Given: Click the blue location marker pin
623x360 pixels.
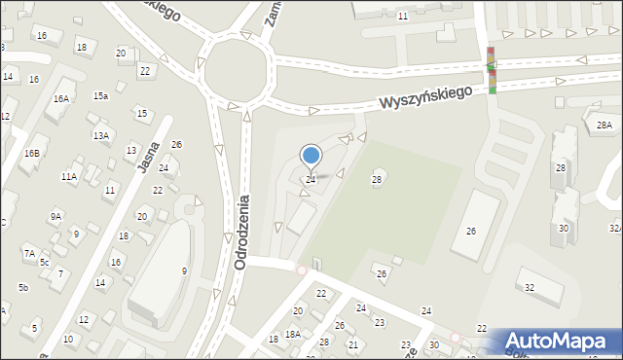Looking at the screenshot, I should point(311,156).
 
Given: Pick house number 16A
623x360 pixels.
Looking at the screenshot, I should point(61,98).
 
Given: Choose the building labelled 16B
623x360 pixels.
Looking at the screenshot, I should point(32,153).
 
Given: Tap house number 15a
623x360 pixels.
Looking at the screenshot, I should point(100,95).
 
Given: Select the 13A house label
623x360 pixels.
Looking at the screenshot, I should point(100,135).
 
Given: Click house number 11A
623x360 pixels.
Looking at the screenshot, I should point(68,177).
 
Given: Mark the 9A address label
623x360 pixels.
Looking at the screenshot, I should point(55,216).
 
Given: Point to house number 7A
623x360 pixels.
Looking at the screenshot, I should point(29,253).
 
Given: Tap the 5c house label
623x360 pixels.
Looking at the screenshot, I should point(44,262).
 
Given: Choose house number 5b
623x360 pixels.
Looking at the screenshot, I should point(22,287).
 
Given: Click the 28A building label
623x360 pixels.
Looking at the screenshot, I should point(604,125).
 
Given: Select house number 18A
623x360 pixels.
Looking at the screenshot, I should point(292,334).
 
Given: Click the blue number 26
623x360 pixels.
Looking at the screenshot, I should point(176,145).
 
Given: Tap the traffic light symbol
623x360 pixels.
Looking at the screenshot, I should point(492,70).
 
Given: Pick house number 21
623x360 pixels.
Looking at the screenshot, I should point(352,344).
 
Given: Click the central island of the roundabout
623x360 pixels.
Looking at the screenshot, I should point(234,69).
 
